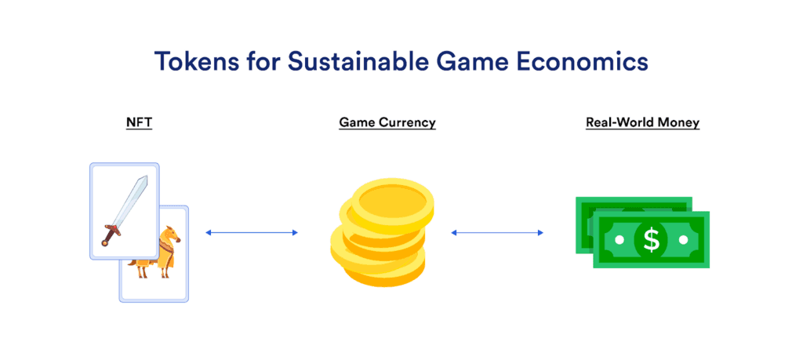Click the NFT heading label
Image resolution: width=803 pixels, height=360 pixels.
point(139,122)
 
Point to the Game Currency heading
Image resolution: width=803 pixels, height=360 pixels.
point(387,122)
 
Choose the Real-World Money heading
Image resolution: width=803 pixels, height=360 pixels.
point(642,122)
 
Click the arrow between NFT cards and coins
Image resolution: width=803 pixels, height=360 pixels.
point(252,232)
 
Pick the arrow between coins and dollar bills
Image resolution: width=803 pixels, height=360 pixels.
point(497,232)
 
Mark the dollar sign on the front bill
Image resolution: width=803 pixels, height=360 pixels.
point(651,239)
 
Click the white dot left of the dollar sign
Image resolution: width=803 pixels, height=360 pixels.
point(619,239)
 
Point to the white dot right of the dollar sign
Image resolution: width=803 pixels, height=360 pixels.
point(684,239)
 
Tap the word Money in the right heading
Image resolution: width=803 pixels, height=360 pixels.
point(678,122)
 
